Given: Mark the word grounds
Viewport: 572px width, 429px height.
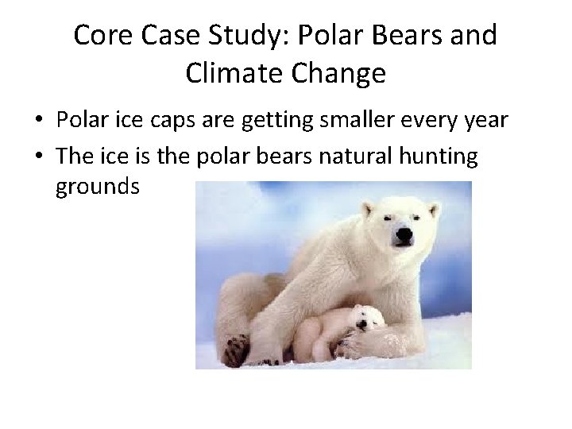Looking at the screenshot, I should [x=98, y=187].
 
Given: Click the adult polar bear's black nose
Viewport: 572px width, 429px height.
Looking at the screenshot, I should [x=404, y=236].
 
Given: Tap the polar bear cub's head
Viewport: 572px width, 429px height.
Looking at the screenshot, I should [x=367, y=317].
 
